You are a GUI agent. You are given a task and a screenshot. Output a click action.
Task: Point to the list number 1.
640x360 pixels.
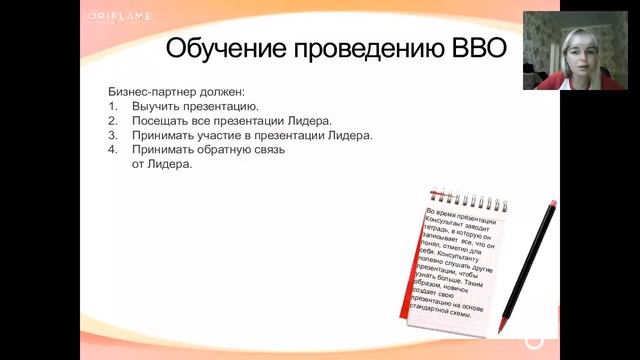[112, 105]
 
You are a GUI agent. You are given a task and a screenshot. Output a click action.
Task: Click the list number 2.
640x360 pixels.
[112, 120]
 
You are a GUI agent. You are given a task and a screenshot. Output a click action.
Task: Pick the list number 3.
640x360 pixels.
[112, 135]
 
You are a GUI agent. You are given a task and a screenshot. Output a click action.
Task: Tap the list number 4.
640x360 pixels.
[112, 150]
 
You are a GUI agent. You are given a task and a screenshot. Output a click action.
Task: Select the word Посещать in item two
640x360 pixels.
[162, 120]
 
